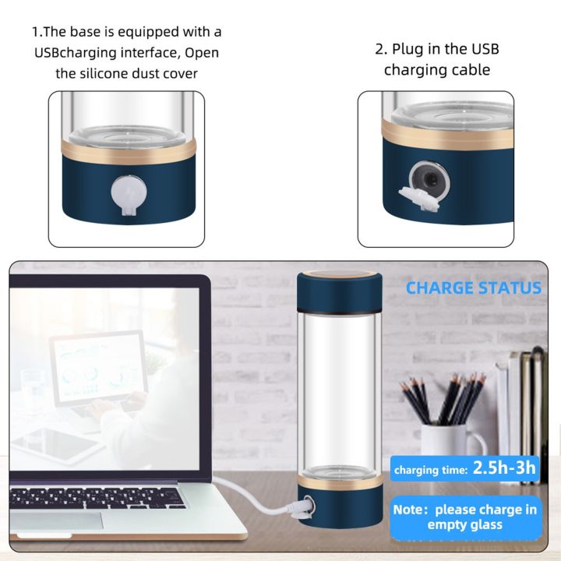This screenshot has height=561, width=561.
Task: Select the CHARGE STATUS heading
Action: [x=473, y=288]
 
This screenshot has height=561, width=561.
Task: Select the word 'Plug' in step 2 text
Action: [x=410, y=49]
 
